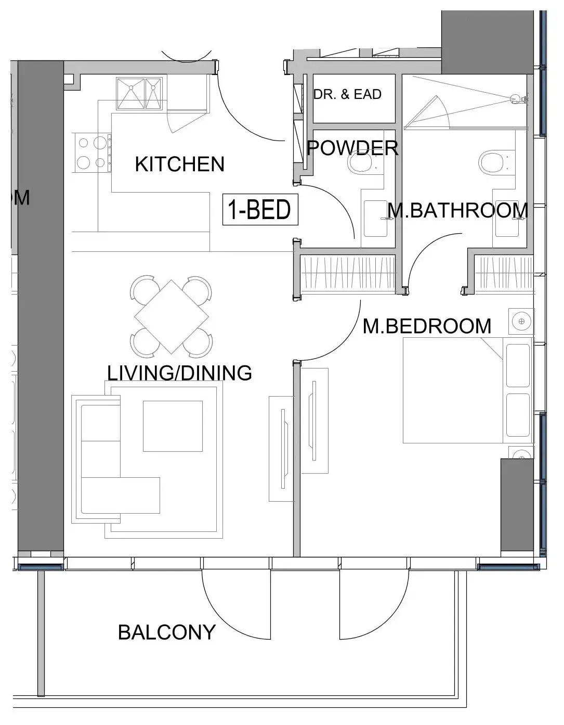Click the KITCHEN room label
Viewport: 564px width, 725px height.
pyautogui.click(x=179, y=164)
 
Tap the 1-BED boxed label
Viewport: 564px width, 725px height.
pyautogui.click(x=260, y=209)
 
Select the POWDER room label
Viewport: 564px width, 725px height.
pyautogui.click(x=352, y=148)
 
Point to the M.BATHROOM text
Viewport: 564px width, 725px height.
pyautogui.click(x=458, y=210)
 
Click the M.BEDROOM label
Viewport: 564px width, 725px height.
pyautogui.click(x=427, y=326)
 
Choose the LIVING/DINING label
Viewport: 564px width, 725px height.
pyautogui.click(x=179, y=373)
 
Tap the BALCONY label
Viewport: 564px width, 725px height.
pyautogui.click(x=166, y=632)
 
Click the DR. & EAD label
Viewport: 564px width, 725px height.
pyautogui.click(x=347, y=94)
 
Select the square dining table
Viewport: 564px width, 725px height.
pyautogui.click(x=172, y=316)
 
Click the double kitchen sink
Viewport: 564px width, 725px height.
pyautogui.click(x=139, y=94)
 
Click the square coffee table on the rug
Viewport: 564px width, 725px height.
pyautogui.click(x=173, y=426)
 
